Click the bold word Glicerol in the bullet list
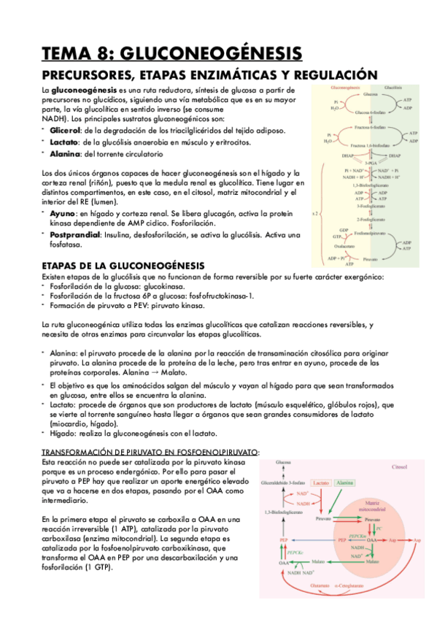pos(65,129)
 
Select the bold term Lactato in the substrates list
pos(64,142)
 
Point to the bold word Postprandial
pos(75,235)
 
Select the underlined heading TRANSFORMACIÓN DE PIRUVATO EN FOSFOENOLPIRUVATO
pos(150,453)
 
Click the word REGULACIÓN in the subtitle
pos(338,75)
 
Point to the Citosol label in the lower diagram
pos(400,466)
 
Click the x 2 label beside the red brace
pos(315,214)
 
